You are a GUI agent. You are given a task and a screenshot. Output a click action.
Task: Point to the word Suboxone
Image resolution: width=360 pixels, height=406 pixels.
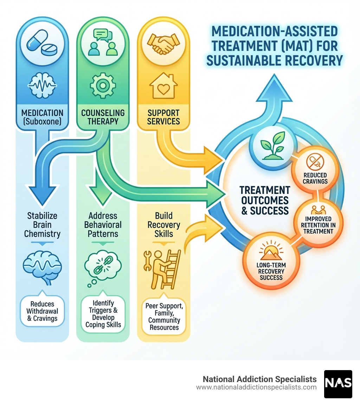click(x=42, y=122)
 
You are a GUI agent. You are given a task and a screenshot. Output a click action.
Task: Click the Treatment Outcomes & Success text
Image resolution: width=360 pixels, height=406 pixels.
click(x=265, y=200)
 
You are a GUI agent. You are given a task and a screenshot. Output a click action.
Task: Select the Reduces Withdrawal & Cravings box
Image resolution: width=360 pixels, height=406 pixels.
click(x=42, y=311)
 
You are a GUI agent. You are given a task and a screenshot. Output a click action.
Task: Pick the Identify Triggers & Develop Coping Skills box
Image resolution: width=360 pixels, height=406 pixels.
click(x=103, y=314)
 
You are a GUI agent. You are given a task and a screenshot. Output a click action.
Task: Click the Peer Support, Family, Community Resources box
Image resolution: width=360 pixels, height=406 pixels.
click(x=163, y=316)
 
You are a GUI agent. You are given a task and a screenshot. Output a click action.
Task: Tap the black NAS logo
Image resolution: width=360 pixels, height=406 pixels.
click(x=338, y=384)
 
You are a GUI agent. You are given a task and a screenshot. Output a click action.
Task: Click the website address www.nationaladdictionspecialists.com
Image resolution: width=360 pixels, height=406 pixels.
click(x=256, y=387)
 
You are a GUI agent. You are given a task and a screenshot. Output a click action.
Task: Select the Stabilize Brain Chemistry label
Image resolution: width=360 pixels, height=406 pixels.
click(x=42, y=224)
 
